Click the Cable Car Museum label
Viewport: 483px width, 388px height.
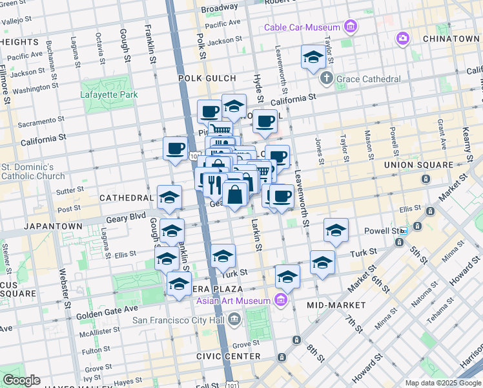click(302, 27)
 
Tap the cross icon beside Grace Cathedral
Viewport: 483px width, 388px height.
click(327, 79)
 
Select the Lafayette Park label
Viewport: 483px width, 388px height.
click(109, 94)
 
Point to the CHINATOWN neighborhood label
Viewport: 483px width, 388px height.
click(451, 39)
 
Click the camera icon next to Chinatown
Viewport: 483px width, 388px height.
click(403, 39)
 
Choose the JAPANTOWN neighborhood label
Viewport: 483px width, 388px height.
click(53, 226)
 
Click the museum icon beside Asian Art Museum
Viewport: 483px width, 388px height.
click(280, 301)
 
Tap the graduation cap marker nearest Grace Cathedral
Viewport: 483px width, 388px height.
click(313, 57)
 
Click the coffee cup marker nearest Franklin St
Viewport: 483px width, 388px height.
click(175, 149)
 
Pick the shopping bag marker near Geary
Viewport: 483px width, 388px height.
click(234, 193)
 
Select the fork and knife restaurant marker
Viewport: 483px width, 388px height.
click(215, 184)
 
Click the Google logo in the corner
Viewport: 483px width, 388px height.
click(21, 380)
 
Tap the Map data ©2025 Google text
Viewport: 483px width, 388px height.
click(442, 383)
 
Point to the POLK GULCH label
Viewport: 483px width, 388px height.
click(209, 78)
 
